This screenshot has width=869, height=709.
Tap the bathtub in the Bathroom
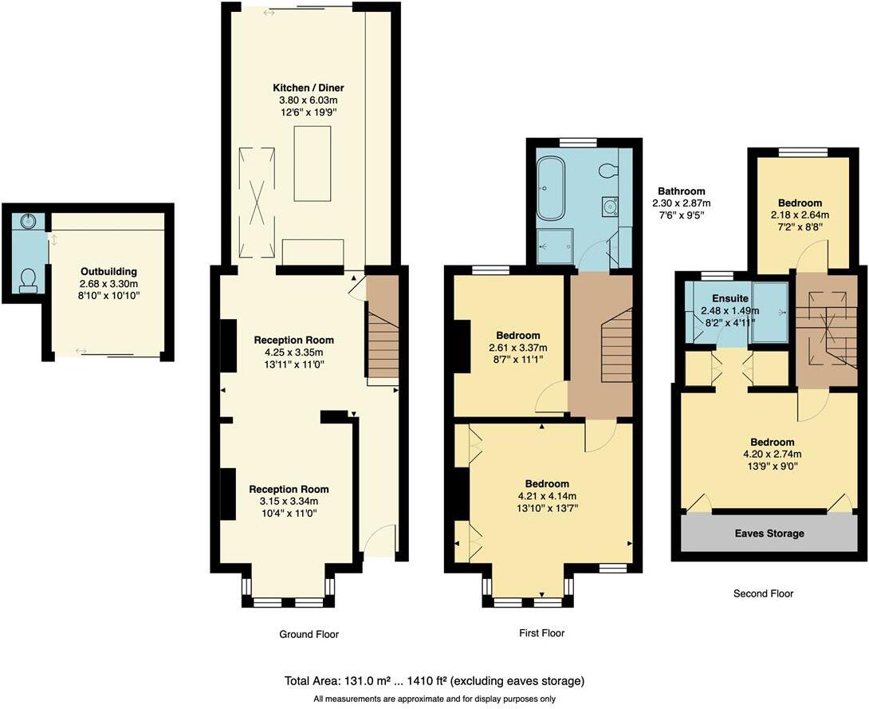[x=551, y=189]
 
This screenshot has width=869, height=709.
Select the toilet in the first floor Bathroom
[x=611, y=170]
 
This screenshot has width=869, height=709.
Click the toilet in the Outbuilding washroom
[x=29, y=279]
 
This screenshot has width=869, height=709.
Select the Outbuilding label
[x=108, y=271]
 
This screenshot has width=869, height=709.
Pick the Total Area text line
[x=434, y=681]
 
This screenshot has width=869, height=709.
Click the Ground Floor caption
[x=309, y=635]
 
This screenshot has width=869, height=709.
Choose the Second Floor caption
[x=763, y=593]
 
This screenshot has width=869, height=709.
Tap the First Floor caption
[x=541, y=633]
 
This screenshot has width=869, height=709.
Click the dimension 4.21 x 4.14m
[x=547, y=496]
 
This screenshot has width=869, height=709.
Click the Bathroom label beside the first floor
[x=681, y=191]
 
